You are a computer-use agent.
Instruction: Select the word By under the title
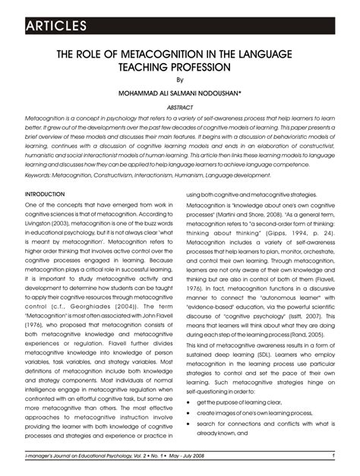(x=180, y=80)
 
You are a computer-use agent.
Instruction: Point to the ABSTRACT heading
(x=180, y=108)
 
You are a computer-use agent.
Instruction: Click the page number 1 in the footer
(x=333, y=455)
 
